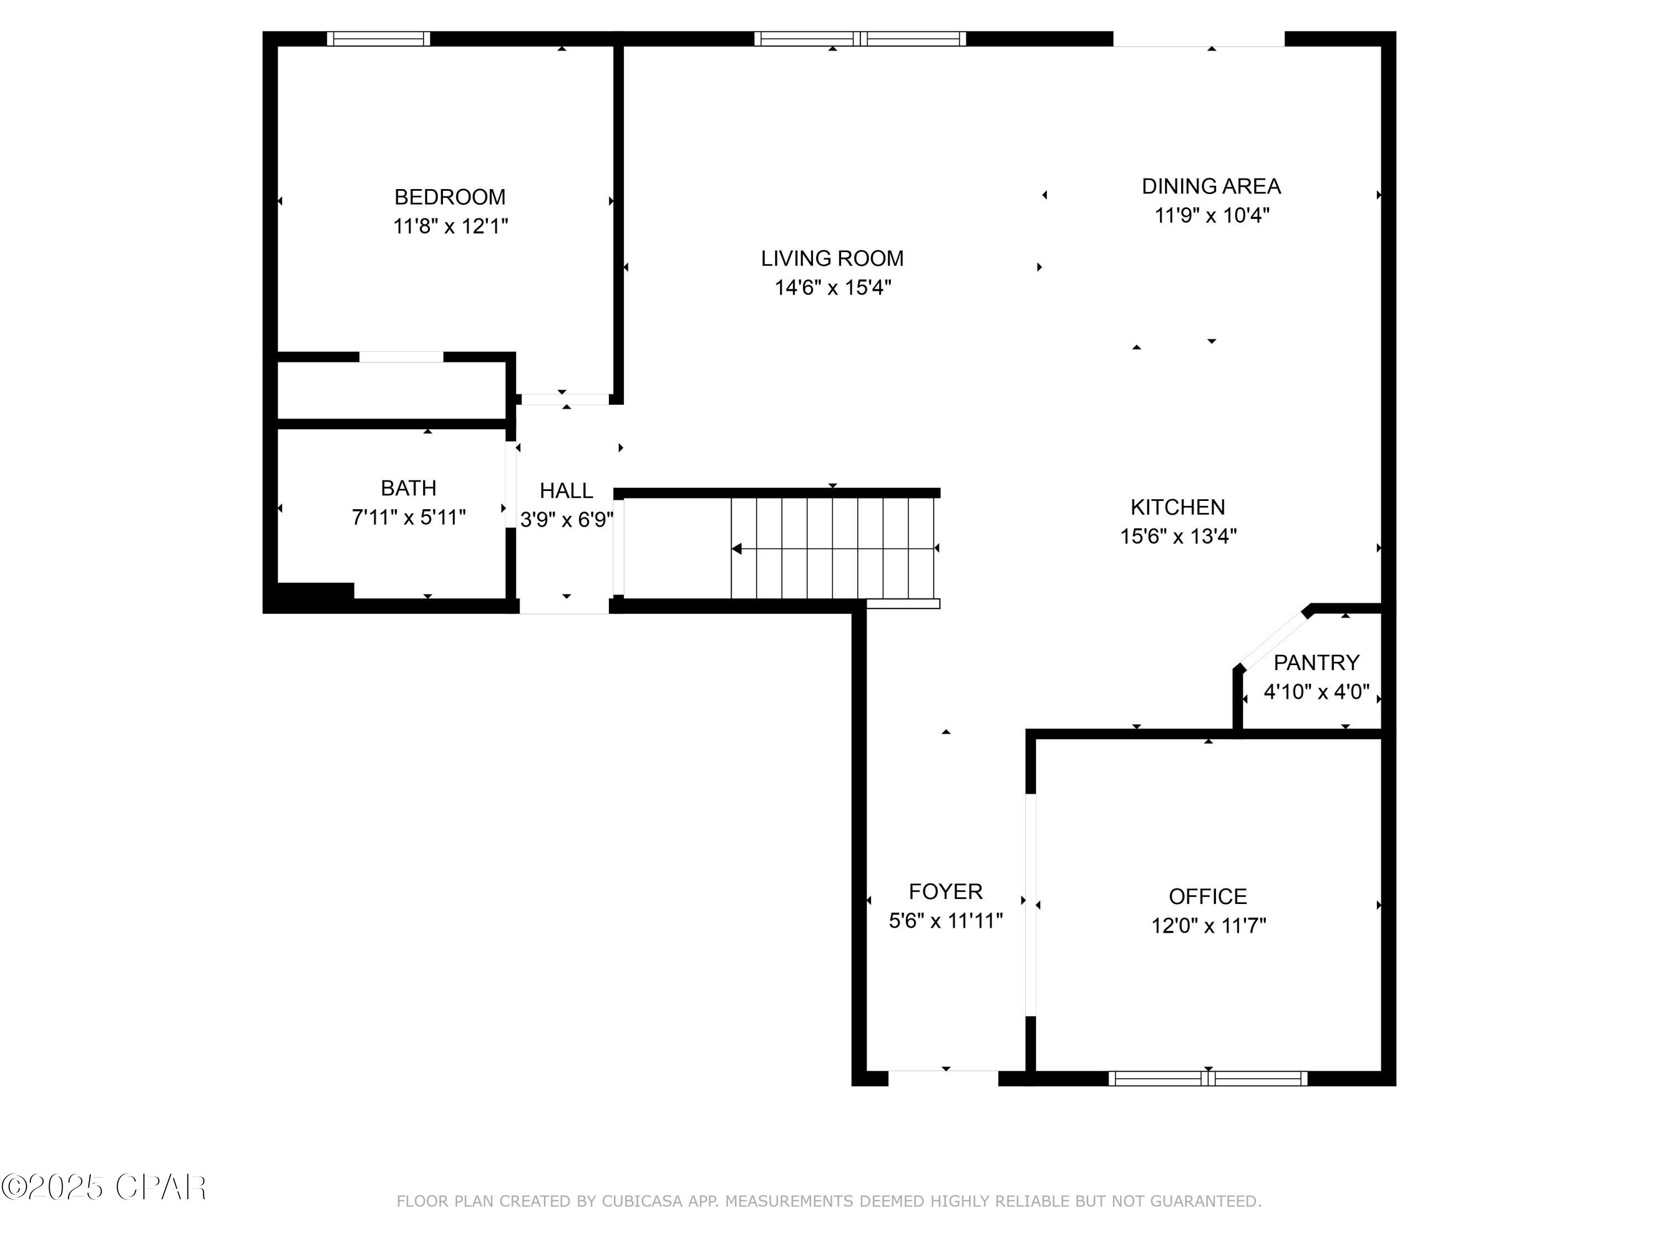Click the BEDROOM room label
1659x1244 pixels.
(450, 197)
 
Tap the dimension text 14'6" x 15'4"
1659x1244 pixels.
(832, 287)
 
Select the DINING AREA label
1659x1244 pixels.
(1211, 186)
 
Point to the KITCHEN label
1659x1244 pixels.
(1177, 508)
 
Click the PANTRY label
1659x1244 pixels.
(1316, 663)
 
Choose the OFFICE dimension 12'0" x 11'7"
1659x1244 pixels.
(1208, 926)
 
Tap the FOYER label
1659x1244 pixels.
(945, 892)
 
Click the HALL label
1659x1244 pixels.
(566, 491)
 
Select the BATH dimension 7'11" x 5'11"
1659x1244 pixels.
(409, 518)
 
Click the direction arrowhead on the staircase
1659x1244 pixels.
(737, 549)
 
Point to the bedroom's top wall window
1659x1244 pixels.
(379, 38)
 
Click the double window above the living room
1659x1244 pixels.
(859, 38)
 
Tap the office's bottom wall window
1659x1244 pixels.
(1208, 1078)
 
